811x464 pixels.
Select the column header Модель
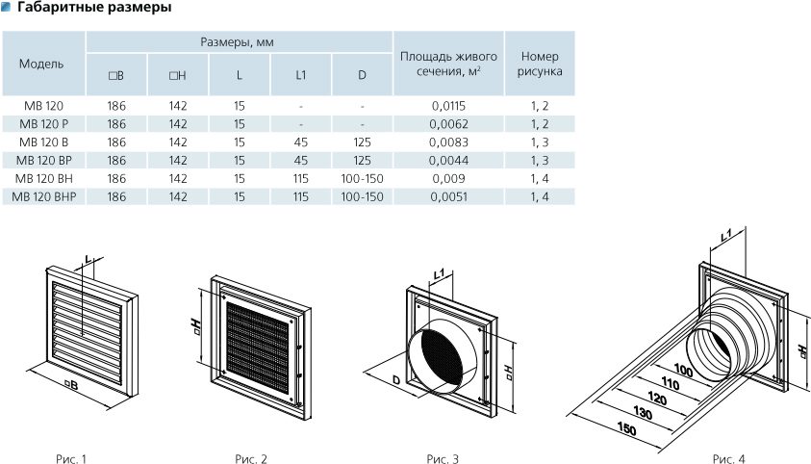click(41, 64)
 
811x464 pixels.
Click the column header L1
click(301, 74)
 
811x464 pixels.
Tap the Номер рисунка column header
click(540, 64)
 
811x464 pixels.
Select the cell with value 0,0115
click(448, 106)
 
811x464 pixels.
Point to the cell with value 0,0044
click(448, 160)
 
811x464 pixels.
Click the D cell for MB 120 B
click(362, 142)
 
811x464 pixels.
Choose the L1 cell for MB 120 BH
click(301, 178)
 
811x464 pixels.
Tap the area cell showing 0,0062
click(448, 124)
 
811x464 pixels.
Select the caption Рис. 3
click(442, 455)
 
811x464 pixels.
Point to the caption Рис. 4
click(729, 455)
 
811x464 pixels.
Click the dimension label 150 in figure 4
click(626, 429)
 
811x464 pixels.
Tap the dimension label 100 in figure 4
click(684, 370)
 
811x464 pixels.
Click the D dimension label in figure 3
click(396, 381)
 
